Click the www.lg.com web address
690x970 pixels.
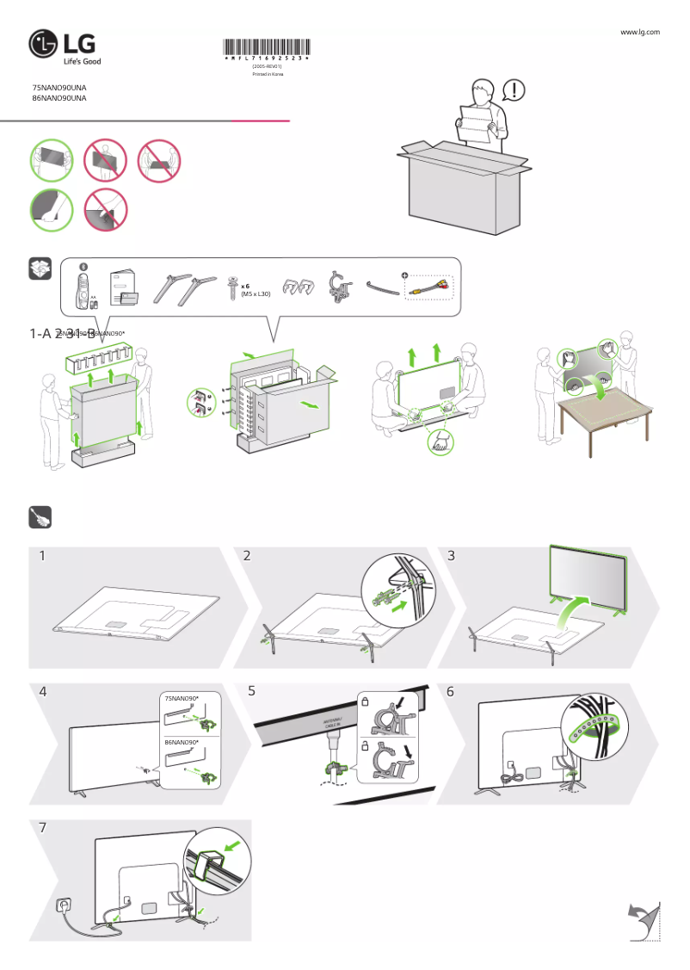click(639, 32)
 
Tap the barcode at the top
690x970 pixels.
click(267, 48)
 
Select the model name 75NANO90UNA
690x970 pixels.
click(59, 88)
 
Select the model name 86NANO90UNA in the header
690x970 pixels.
click(59, 98)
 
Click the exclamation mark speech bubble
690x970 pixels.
click(513, 90)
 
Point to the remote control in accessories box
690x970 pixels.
click(83, 285)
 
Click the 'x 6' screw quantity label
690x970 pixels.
click(245, 285)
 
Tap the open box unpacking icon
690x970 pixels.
click(40, 269)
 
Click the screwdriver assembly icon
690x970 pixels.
click(40, 516)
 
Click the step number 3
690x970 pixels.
click(452, 556)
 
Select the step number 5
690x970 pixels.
click(250, 691)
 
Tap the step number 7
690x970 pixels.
click(43, 827)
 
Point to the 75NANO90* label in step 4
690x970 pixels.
click(181, 698)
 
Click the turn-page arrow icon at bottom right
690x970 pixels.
click(642, 918)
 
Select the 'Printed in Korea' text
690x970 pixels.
click(267, 74)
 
